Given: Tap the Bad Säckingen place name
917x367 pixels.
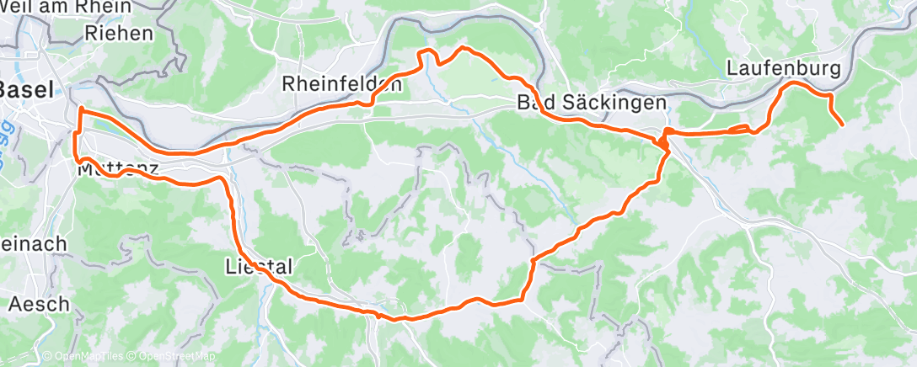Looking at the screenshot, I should [x=592, y=103].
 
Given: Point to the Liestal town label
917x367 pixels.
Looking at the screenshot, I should [x=259, y=267].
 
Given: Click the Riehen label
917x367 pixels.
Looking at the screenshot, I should [x=119, y=34].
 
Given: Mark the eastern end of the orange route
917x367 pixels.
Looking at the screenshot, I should [x=842, y=125].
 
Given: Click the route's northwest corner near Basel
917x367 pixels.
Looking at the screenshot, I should [x=80, y=109].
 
